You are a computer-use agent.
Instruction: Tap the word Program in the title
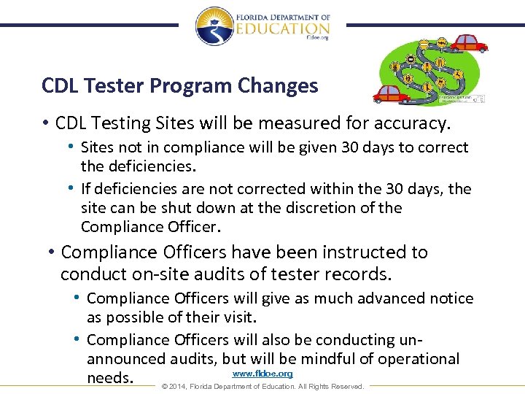tap(191, 86)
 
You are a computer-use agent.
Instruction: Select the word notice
tap(451, 298)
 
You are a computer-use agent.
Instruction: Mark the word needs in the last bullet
tap(110, 378)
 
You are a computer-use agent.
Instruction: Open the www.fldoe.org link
tap(262, 374)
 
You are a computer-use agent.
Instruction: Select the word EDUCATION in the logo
tap(283, 28)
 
